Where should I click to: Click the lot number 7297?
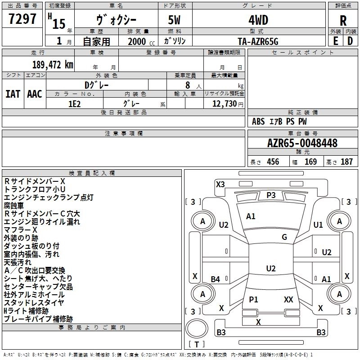22,20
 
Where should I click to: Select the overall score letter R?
343,21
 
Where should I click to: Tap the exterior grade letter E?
335,40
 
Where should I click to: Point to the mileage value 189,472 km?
52,64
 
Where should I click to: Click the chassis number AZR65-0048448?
302,143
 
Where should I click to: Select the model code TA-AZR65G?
258,41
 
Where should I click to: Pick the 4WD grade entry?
258,21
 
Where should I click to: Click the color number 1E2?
74,103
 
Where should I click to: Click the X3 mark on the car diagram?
220,184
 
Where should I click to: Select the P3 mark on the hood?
271,195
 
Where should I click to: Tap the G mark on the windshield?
284,237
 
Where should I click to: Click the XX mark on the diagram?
288,299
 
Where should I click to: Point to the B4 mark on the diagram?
216,279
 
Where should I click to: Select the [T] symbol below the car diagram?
196,344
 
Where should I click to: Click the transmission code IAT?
13,94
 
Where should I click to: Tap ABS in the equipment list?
259,121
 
